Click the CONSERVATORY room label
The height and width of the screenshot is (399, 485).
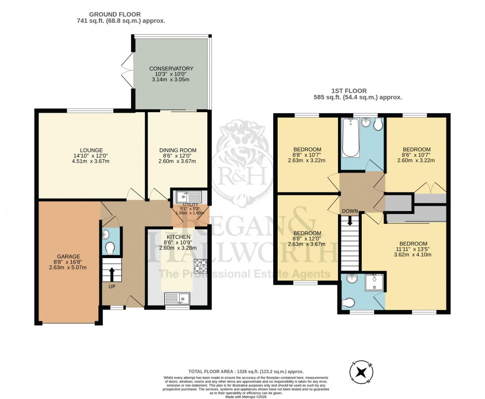[x=171, y=69]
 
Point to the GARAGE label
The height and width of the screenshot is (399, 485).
[x=67, y=257]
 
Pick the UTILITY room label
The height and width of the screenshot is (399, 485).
[x=190, y=205]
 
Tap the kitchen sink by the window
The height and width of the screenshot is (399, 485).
[x=177, y=298]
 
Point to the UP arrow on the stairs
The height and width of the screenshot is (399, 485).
[x=111, y=272]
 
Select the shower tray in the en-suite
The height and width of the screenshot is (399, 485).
[x=374, y=282]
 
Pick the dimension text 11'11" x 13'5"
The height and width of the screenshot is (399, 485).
[x=413, y=250]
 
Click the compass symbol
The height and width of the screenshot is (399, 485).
[x=365, y=371]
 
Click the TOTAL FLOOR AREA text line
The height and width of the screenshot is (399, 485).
[x=245, y=371]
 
